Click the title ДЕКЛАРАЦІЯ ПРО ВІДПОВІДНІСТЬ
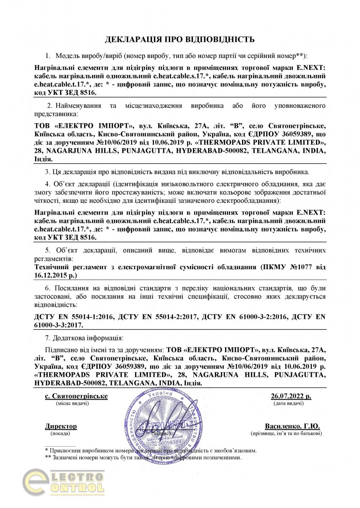coord(180,40)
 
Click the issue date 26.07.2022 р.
coord(291,396)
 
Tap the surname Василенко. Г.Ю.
coord(292,426)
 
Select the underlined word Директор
coord(61,426)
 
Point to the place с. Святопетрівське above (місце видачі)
coord(76,396)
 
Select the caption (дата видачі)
coord(288,404)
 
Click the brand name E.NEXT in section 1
coord(311,68)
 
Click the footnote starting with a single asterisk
coord(151,451)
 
